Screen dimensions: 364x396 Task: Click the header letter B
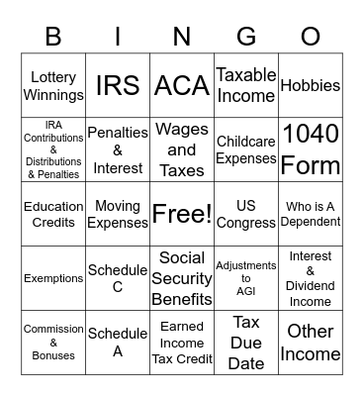pyautogui.click(x=53, y=38)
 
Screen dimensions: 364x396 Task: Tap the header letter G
pyautogui.click(x=246, y=38)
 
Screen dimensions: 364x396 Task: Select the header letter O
pyautogui.click(x=311, y=38)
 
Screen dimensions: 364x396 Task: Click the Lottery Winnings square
pyautogui.click(x=53, y=86)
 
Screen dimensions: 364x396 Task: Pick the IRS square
pyautogui.click(x=118, y=86)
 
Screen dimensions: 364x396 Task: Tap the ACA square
pyautogui.click(x=182, y=86)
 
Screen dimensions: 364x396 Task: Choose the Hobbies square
pyautogui.click(x=311, y=86)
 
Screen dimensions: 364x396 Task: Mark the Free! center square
pyautogui.click(x=182, y=214)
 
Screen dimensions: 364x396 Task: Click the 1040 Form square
pyautogui.click(x=311, y=149)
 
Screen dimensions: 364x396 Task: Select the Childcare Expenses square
pyautogui.click(x=246, y=149)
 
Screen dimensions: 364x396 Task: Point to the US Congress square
pyautogui.click(x=246, y=214)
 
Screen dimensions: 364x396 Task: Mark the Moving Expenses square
pyautogui.click(x=118, y=214)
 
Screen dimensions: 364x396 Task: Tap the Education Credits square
pyautogui.click(x=53, y=214)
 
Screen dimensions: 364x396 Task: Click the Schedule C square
pyautogui.click(x=118, y=278)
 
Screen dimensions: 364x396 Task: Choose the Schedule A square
pyautogui.click(x=118, y=343)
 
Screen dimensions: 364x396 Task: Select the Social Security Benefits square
pyautogui.click(x=182, y=278)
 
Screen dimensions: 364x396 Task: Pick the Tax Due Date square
pyautogui.click(x=246, y=343)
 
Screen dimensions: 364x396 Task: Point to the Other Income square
pyautogui.click(x=311, y=343)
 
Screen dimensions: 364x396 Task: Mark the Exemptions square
pyautogui.click(x=53, y=278)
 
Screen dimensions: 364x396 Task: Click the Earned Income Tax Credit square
pyautogui.click(x=182, y=343)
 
